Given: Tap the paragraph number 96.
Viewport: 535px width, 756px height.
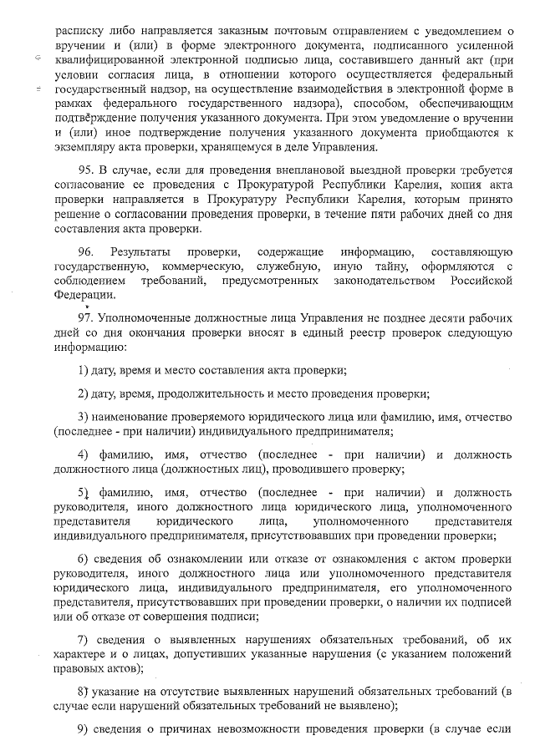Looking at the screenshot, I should [x=85, y=251].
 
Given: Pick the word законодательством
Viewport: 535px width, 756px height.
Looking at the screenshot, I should [x=369, y=282].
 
